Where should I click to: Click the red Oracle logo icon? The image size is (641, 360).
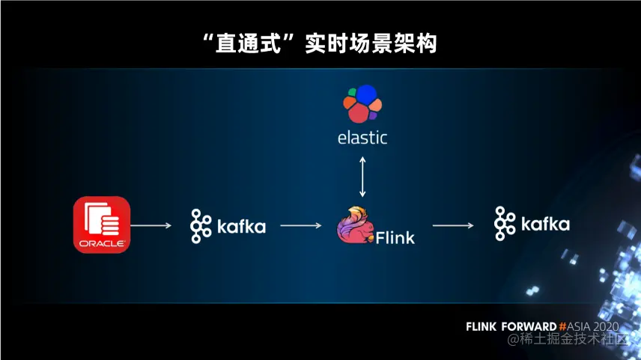[102, 224]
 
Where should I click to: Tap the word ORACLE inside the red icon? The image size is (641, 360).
[102, 244]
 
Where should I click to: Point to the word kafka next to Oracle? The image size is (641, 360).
[241, 226]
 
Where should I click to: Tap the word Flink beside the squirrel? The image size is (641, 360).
[395, 238]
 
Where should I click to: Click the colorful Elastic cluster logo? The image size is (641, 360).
[362, 103]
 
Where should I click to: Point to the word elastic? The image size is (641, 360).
[362, 138]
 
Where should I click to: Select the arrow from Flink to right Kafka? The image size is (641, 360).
[454, 225]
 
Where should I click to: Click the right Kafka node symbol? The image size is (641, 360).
[504, 223]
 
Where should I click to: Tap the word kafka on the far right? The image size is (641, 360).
[545, 224]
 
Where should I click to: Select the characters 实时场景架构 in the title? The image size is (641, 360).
[371, 43]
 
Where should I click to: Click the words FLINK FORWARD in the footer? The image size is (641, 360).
[511, 327]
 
